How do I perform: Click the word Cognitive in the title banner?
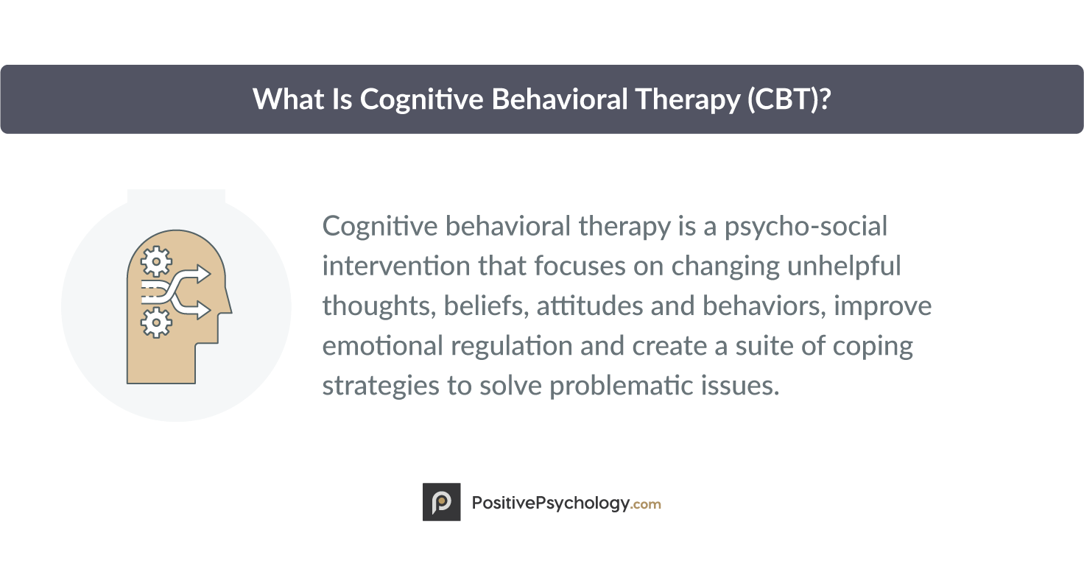[421, 100]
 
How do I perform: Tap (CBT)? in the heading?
[789, 99]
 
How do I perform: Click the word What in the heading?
[289, 99]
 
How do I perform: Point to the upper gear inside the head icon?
[156, 262]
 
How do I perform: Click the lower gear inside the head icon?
[156, 322]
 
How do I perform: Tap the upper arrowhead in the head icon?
[203, 274]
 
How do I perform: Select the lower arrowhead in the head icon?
[203, 310]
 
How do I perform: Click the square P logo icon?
[441, 502]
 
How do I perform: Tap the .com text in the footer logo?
[645, 504]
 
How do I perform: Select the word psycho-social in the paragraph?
[806, 227]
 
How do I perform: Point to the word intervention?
[396, 266]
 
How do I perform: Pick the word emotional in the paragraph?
[383, 346]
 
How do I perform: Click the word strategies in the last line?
[381, 386]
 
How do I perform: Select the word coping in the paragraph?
[873, 347]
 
